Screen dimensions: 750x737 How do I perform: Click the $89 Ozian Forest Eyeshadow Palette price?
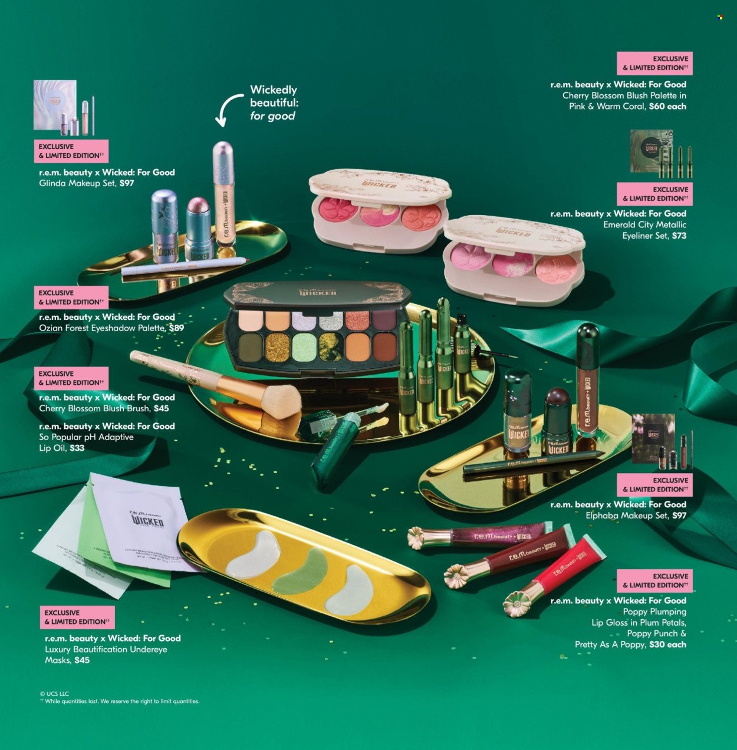[x=176, y=328]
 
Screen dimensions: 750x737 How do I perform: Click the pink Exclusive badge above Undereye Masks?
[x=77, y=617]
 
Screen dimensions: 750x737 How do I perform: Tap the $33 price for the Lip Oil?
[x=77, y=448]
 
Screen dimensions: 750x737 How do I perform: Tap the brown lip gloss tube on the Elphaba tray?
[x=588, y=383]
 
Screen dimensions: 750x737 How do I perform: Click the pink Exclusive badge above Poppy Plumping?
[x=654, y=581]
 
